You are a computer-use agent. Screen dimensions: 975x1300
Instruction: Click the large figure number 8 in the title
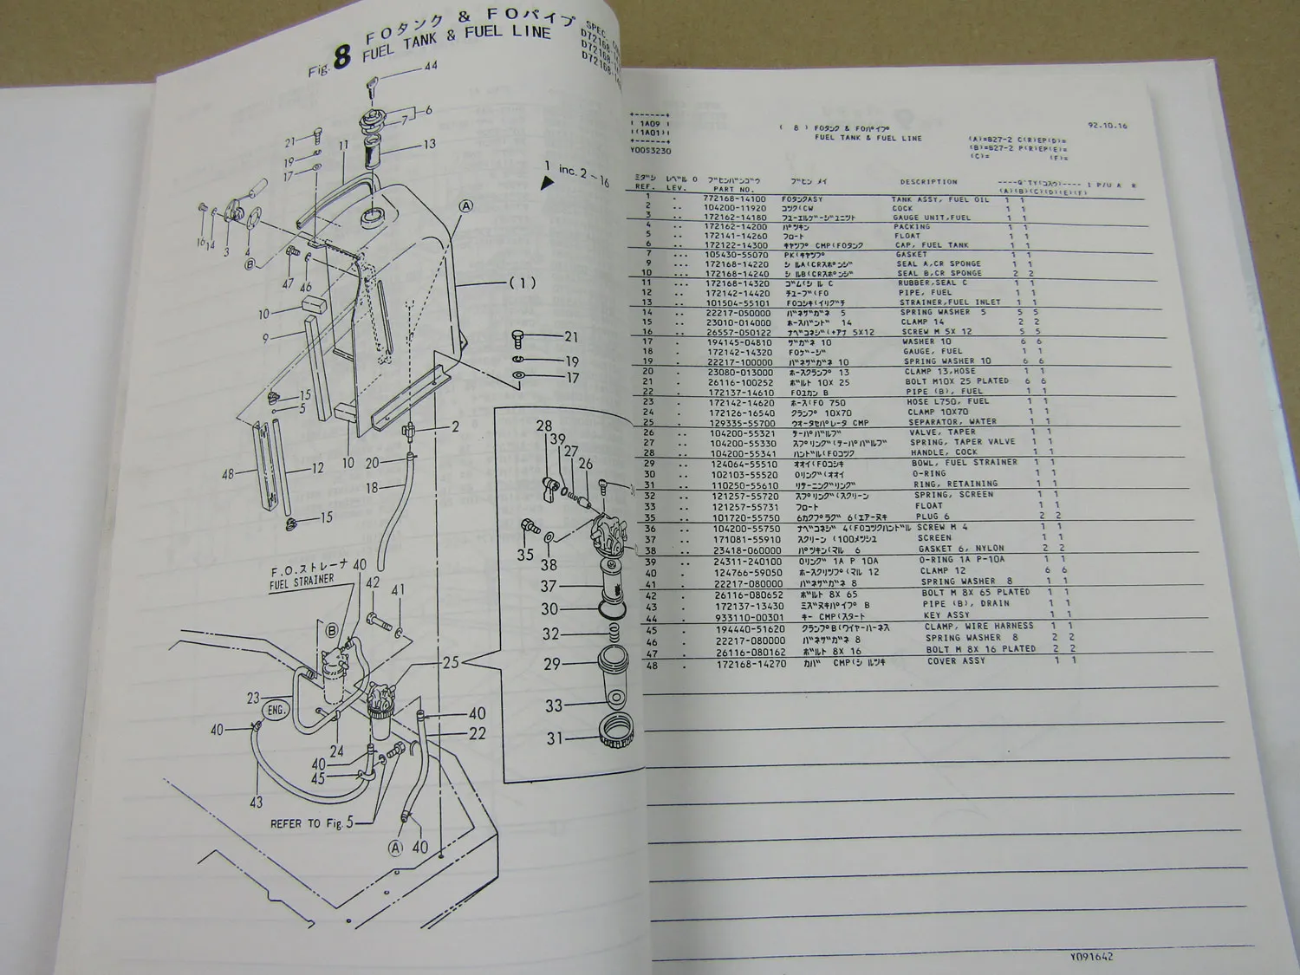[342, 57]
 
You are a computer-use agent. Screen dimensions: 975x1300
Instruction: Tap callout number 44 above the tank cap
[430, 66]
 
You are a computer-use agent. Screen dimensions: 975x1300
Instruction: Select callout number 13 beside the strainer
[429, 144]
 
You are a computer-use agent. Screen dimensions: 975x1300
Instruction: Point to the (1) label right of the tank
[522, 283]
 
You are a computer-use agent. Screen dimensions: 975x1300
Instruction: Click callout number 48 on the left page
[228, 474]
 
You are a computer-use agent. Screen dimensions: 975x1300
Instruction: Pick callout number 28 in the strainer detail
[543, 426]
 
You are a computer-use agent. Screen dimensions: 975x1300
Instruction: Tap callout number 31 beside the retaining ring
[555, 738]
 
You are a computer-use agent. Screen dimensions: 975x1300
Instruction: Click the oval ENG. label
[276, 710]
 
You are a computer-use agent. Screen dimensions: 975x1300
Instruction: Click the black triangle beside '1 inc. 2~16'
[547, 183]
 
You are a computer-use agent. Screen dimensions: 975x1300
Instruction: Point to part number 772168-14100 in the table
[734, 199]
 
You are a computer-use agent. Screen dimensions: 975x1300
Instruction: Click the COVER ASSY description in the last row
[956, 660]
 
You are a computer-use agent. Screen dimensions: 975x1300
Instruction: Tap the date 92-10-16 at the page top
[1108, 126]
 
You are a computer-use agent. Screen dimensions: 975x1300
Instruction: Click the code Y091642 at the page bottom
[1090, 957]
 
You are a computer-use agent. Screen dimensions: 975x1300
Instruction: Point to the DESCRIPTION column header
[928, 182]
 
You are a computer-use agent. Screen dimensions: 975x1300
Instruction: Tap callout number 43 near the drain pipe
[256, 803]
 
